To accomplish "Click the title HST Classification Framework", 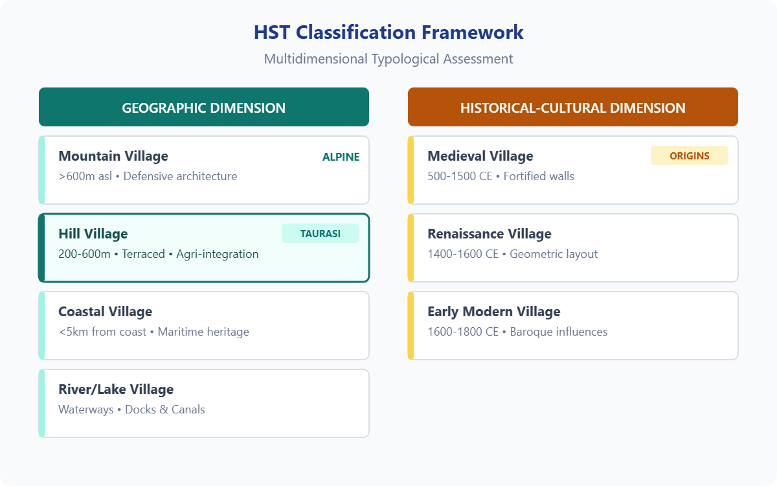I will coord(388,32).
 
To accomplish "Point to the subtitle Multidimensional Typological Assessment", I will coord(388,59).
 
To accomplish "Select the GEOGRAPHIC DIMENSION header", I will coord(203,108).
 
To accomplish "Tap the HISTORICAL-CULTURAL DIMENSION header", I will coord(572,108).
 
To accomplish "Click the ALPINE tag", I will coord(341,157).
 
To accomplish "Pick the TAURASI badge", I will coord(320,234).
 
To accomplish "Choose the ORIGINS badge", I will coord(689,156).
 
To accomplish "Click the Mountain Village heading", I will coord(113,156).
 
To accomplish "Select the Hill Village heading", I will coord(93,234).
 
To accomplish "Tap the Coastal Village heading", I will coord(105,312).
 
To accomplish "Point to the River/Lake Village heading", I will coord(116,389).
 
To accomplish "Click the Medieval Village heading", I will coord(480,156).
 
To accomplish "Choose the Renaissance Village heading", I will coord(490,234).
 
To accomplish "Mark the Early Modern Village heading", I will coord(494,312).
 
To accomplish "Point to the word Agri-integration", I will coord(218,254).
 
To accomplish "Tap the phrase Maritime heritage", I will coord(203,332).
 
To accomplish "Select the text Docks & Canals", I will coord(165,410).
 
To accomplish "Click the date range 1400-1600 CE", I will coord(463,254).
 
